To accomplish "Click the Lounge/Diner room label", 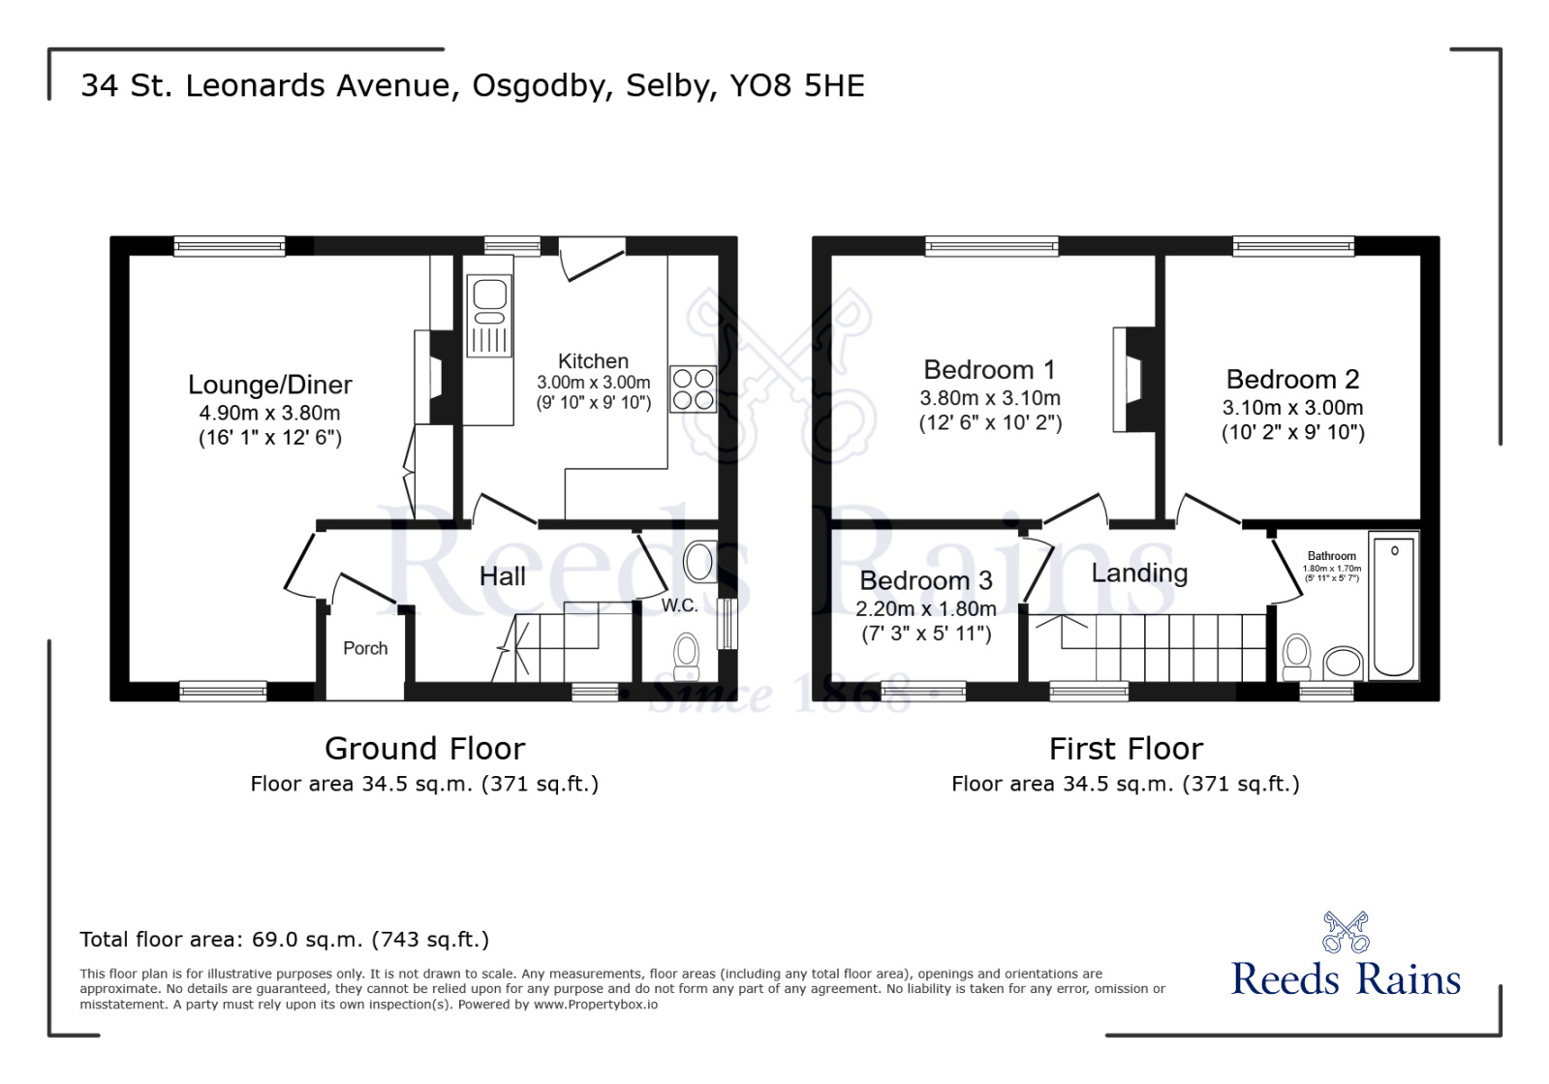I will tap(269, 385).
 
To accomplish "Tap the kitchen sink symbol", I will tap(489, 315).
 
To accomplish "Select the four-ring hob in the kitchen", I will tap(693, 389).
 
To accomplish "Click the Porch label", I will tap(365, 648).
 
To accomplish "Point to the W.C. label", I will tap(679, 605).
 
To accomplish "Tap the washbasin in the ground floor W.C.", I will tap(700, 561).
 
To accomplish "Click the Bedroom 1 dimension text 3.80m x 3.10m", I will tap(989, 398).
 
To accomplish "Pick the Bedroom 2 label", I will tap(1292, 379).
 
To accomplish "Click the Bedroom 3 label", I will tap(925, 580).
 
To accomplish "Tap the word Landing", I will tap(1139, 573).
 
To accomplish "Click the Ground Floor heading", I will tap(424, 749).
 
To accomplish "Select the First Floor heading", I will tap(1126, 749).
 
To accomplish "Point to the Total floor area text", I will tap(284, 939).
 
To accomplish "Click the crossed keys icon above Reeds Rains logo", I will tap(1346, 932).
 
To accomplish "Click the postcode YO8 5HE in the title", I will tap(796, 85).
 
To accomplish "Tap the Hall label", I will tap(502, 576).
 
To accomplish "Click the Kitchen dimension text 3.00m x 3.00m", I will tap(593, 383).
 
